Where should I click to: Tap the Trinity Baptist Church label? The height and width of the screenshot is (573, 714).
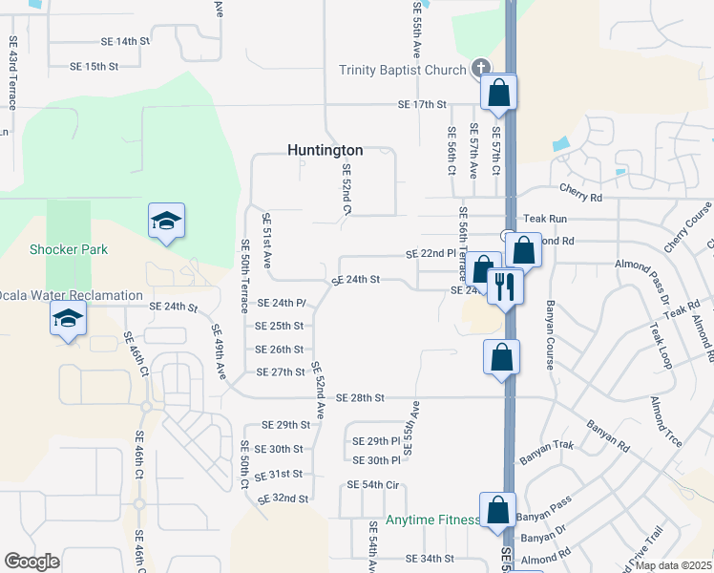click(x=403, y=70)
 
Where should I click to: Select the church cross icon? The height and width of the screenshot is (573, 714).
click(x=480, y=69)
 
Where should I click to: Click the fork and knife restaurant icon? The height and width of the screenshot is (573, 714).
click(x=504, y=285)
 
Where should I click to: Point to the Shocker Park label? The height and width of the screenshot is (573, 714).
click(x=69, y=249)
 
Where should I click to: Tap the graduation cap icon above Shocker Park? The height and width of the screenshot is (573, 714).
click(x=166, y=222)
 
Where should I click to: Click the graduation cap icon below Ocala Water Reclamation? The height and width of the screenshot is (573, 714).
click(x=68, y=318)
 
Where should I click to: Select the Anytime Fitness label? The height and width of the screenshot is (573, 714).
click(x=432, y=520)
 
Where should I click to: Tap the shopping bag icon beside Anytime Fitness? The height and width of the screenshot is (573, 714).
click(x=498, y=510)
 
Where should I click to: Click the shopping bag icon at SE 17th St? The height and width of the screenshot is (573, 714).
click(x=498, y=93)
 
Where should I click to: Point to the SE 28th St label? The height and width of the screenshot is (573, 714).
click(x=361, y=397)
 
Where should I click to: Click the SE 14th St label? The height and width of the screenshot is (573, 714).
click(x=126, y=42)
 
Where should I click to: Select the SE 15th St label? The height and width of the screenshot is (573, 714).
click(x=94, y=67)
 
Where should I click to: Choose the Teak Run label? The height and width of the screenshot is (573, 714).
click(x=545, y=220)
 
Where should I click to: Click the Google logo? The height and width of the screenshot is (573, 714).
click(x=31, y=562)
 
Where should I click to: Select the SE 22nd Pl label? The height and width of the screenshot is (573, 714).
click(x=431, y=254)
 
